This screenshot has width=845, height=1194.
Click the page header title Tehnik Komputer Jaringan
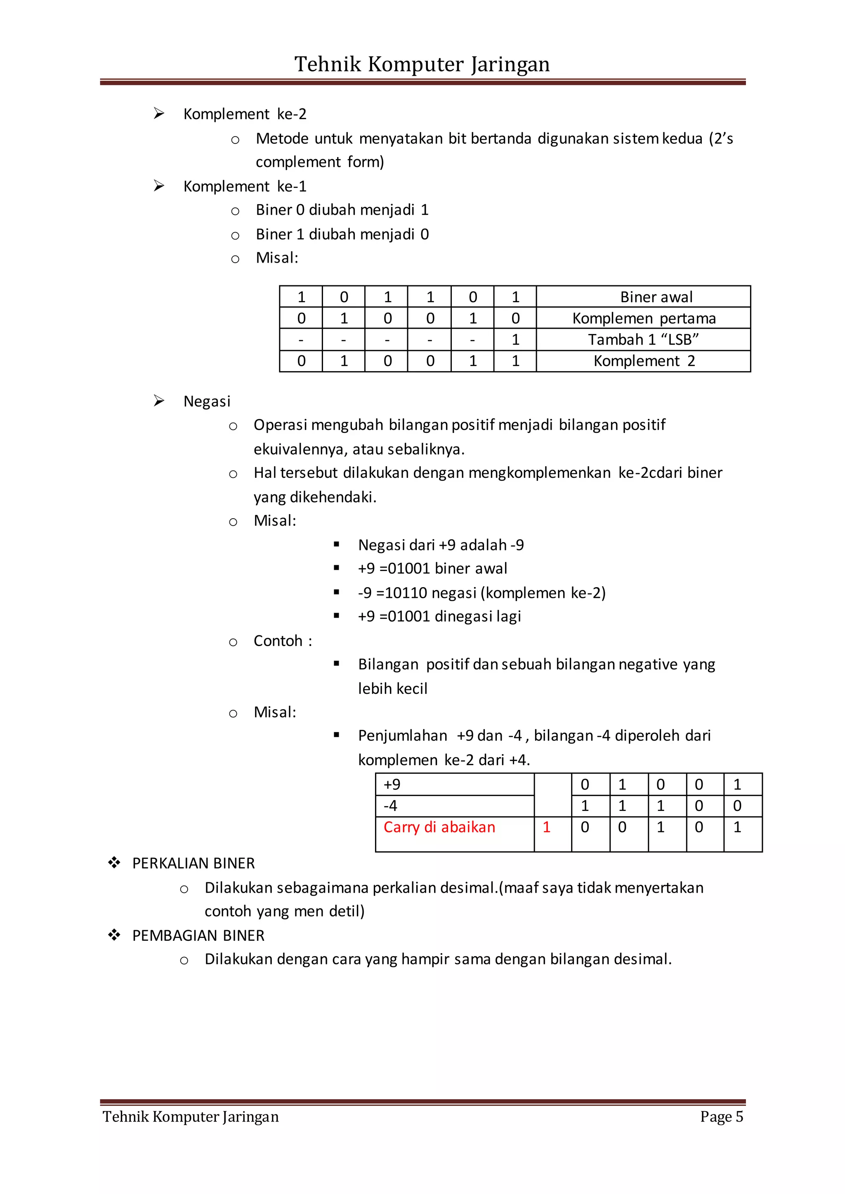tap(422, 64)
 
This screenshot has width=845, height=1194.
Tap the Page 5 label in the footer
tap(721, 1116)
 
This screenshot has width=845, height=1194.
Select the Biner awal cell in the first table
tap(656, 297)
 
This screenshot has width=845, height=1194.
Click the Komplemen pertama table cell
tap(644, 318)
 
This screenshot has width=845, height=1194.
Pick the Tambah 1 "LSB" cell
tap(643, 340)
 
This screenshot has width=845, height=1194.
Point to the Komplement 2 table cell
tap(644, 361)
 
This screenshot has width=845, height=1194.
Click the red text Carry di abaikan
tap(439, 827)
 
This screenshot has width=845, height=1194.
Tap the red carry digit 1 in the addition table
tap(546, 827)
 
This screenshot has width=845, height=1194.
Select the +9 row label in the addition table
tap(392, 784)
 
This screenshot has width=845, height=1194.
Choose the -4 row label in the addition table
tap(390, 806)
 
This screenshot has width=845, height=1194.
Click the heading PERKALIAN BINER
tap(193, 863)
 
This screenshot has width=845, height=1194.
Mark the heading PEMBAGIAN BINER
tap(198, 935)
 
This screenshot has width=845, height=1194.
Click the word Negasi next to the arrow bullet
tap(207, 402)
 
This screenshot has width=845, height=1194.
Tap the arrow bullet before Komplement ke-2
tap(159, 113)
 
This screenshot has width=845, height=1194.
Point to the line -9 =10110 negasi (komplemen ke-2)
tap(482, 593)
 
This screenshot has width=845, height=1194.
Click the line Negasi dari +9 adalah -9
tap(441, 545)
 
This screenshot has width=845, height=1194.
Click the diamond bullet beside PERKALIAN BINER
tap(114, 863)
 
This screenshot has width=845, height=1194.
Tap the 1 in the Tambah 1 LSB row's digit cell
tap(515, 340)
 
